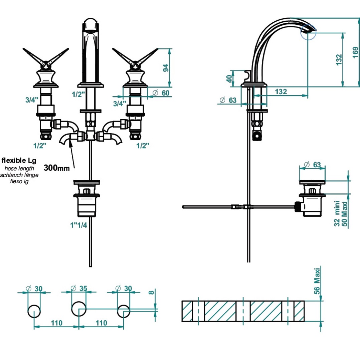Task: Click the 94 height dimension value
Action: (x=165, y=68)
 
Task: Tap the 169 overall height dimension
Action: (x=355, y=52)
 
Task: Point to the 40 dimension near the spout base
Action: (x=229, y=79)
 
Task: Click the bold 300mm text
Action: (x=57, y=168)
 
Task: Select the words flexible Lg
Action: (x=19, y=161)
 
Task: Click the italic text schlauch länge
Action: (x=19, y=175)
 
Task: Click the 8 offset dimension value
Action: (x=152, y=293)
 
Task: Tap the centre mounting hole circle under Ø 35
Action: (x=78, y=308)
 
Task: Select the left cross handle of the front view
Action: (x=46, y=58)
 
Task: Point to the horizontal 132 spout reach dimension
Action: (x=281, y=92)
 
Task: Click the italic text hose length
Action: (x=19, y=168)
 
